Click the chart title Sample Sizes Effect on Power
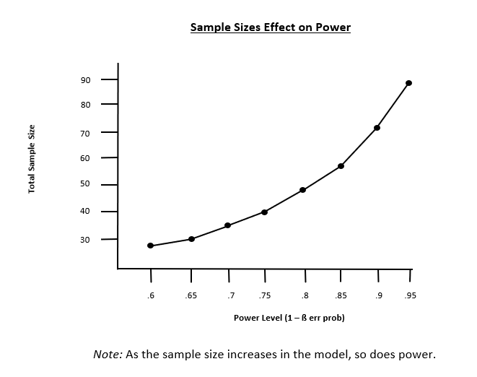click(x=270, y=28)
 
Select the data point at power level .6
click(x=150, y=246)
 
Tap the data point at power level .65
click(x=191, y=238)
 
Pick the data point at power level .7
click(x=227, y=225)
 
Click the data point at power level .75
click(x=265, y=212)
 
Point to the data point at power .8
click(x=302, y=190)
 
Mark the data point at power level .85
click(x=341, y=166)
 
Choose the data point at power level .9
click(x=377, y=128)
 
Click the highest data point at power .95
click(x=408, y=83)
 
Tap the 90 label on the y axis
click(x=86, y=79)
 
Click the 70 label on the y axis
click(x=86, y=133)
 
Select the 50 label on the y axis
click(x=86, y=184)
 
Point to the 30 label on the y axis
click(x=86, y=239)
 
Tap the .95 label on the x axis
click(x=411, y=295)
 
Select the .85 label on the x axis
click(x=340, y=295)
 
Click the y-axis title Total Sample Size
click(x=32, y=159)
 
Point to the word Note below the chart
click(x=108, y=355)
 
